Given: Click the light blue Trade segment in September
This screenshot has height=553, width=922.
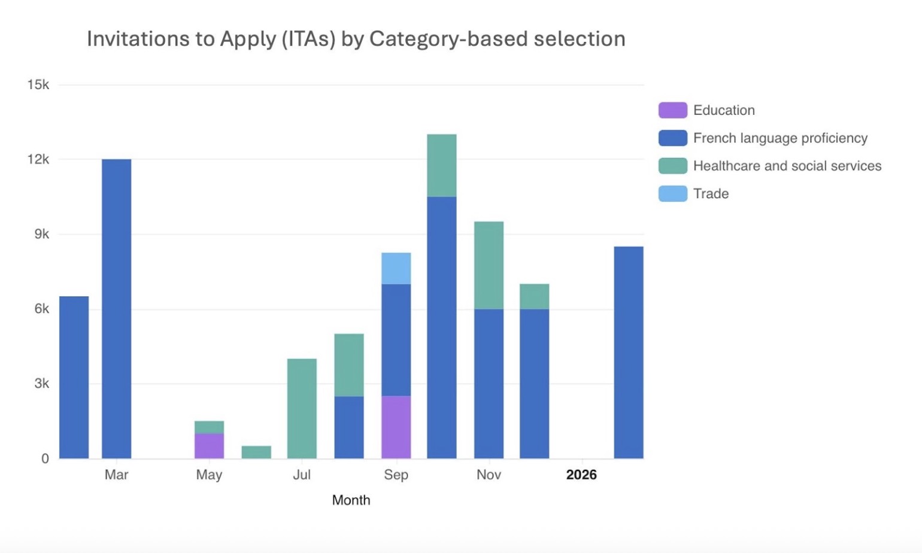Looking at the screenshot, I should pyautogui.click(x=396, y=268).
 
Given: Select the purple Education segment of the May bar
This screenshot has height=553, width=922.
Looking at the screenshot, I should pyautogui.click(x=209, y=446).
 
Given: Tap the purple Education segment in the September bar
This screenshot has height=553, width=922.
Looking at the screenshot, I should pyautogui.click(x=396, y=427).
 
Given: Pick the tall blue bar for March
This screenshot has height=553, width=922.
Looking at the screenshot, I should pyautogui.click(x=116, y=309).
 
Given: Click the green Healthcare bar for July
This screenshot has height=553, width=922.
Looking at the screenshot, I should pyautogui.click(x=302, y=408).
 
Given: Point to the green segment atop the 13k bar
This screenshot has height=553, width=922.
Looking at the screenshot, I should pyautogui.click(x=441, y=165).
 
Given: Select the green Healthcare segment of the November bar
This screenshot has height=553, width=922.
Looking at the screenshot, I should pyautogui.click(x=489, y=265).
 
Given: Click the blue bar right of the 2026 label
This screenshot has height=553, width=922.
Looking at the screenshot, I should pyautogui.click(x=628, y=352).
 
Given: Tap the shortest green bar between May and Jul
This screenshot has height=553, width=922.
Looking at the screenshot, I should pyautogui.click(x=256, y=452).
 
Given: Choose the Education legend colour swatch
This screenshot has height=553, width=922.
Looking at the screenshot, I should pyautogui.click(x=672, y=110).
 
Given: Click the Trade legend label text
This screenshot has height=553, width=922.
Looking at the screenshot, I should pyautogui.click(x=711, y=194).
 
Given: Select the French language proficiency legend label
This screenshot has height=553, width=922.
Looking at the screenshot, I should pyautogui.click(x=780, y=138).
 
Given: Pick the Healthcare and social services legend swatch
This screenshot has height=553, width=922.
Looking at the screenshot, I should pyautogui.click(x=672, y=166).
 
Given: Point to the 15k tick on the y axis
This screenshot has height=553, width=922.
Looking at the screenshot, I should pyautogui.click(x=38, y=85).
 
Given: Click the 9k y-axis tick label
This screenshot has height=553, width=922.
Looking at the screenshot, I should pyautogui.click(x=41, y=234).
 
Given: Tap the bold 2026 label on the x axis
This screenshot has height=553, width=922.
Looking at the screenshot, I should pyautogui.click(x=581, y=475).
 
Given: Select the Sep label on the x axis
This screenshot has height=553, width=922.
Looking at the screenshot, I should pyautogui.click(x=396, y=475).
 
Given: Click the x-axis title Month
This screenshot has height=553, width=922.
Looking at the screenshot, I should pyautogui.click(x=351, y=500).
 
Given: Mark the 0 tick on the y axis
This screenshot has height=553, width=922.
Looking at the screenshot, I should pyautogui.click(x=45, y=459).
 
